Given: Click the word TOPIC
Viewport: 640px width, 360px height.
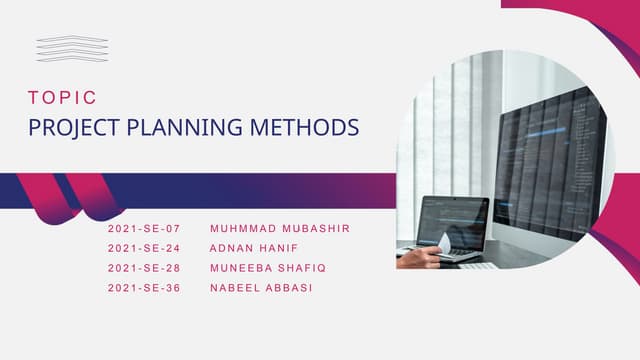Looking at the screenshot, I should point(63,98).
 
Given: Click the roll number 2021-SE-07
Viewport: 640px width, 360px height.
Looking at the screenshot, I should point(143,229).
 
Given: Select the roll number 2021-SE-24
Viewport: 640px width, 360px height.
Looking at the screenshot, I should point(143,248).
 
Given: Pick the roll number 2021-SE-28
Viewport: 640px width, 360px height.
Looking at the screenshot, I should point(143,268).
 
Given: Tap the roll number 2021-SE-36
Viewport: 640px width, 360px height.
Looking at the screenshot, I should point(143,288).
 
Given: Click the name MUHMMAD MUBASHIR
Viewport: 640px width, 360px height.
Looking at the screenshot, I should point(280,229).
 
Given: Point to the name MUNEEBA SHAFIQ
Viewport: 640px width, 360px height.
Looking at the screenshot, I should point(268,268).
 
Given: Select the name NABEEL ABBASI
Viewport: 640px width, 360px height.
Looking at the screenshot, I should point(261,288).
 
